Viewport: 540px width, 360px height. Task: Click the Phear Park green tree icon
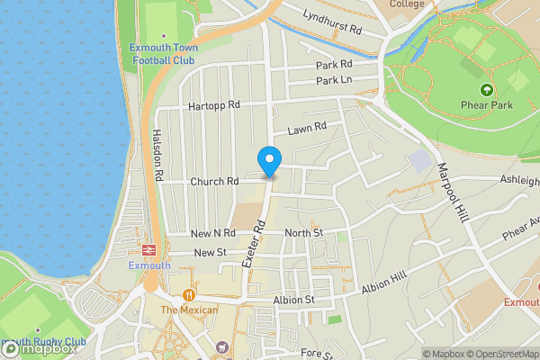click(x=487, y=89)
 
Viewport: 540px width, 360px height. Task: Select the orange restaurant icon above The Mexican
click(x=189, y=294)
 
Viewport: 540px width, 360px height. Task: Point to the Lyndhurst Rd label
click(x=332, y=30)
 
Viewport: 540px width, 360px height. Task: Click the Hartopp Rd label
click(x=214, y=105)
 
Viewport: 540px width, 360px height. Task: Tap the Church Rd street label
click(x=214, y=181)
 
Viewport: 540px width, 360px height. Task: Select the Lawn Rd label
click(x=306, y=130)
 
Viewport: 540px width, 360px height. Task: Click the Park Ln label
click(x=333, y=81)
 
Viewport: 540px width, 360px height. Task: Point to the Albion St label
click(x=294, y=300)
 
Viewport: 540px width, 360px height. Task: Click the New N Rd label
click(x=212, y=233)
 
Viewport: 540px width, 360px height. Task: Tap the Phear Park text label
click(x=488, y=104)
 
